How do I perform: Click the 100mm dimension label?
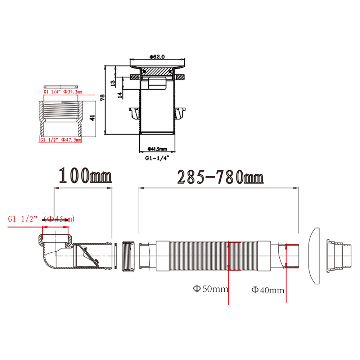click(85, 175)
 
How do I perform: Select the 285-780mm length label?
click(220, 177)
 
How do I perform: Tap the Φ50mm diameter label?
click(211, 289)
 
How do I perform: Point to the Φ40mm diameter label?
click(268, 290)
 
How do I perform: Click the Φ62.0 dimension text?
click(157, 57)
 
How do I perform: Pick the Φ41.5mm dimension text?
click(157, 149)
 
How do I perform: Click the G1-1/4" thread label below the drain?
click(157, 158)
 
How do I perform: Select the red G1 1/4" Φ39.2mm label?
click(63, 92)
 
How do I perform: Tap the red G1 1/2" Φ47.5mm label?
click(61, 140)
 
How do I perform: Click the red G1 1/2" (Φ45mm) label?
click(41, 219)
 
